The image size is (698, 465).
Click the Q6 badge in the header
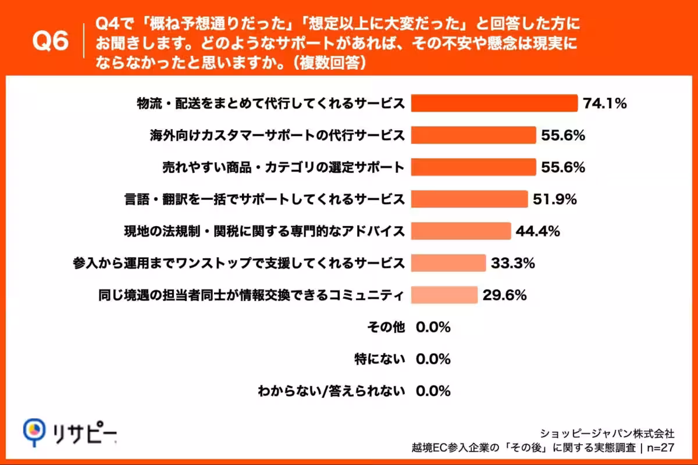tap(51, 42)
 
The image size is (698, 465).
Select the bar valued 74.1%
tap(494, 103)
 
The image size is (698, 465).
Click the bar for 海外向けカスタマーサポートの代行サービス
tap(473, 135)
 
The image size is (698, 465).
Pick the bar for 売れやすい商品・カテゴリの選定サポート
tap(473, 167)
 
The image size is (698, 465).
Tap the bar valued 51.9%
tap(469, 199)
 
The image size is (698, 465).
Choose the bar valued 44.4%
tap(461, 231)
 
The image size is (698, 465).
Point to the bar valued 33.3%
tap(448, 263)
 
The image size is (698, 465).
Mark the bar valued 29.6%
tap(444, 295)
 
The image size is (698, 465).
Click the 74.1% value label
tap(604, 104)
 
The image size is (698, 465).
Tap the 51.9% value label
tap(554, 200)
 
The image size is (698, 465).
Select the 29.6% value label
tap(504, 296)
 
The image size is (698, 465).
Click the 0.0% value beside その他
tap(433, 327)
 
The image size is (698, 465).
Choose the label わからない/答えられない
tap(331, 391)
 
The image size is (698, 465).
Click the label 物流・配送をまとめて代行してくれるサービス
tap(270, 104)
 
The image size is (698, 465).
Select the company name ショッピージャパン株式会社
tap(607, 433)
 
